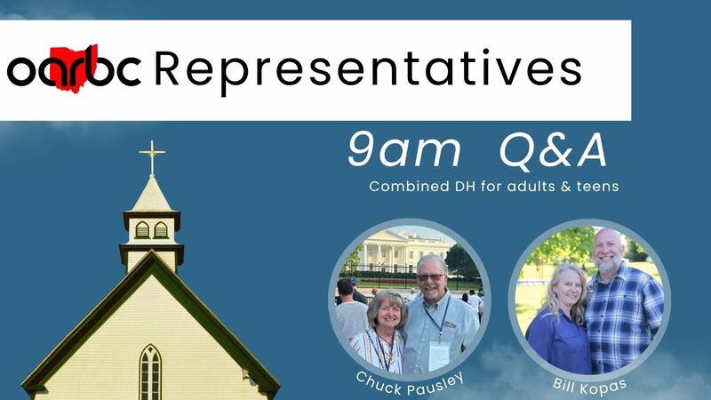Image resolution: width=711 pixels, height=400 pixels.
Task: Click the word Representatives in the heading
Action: point(368,69)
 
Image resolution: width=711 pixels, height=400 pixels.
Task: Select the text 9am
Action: point(403,152)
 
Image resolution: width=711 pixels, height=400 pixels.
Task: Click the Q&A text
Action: point(553,152)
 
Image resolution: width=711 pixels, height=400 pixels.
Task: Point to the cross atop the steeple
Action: point(152,157)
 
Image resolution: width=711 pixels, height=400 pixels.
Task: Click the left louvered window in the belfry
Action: point(142,230)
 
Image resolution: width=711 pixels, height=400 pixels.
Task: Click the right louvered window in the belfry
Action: point(161,230)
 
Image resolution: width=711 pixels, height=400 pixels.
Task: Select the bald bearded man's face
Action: point(609,251)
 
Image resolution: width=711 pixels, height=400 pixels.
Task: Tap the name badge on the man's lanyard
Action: point(439,355)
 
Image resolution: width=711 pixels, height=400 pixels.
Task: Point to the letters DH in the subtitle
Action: point(454,188)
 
